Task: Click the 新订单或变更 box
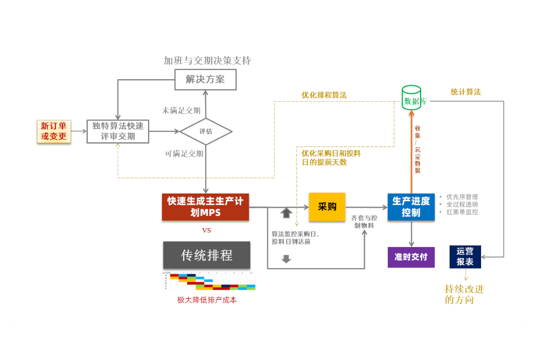tap(54, 131)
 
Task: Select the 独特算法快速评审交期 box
tap(118, 131)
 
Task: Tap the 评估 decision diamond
tap(206, 131)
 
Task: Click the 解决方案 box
tap(205, 79)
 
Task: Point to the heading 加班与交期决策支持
tap(207, 61)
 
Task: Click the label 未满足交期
tap(181, 110)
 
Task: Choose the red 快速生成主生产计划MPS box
tap(205, 207)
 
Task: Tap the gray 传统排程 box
tap(207, 255)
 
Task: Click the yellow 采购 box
tap(327, 207)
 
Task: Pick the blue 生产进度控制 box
tap(411, 207)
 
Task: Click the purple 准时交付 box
tap(411, 257)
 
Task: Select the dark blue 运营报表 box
tap(465, 256)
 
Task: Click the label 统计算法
tap(466, 92)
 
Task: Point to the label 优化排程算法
tap(324, 95)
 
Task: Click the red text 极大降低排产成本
tap(207, 300)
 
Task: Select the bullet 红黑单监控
tap(462, 212)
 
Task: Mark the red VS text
tap(206, 230)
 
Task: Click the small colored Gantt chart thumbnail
tap(208, 281)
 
